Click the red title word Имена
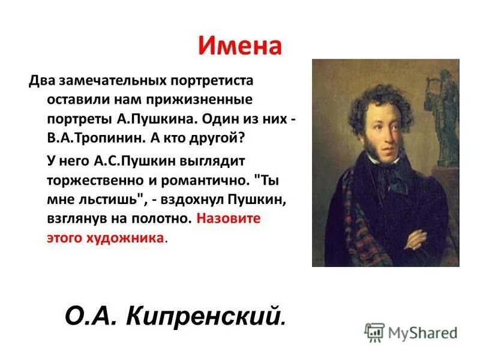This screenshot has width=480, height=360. tap(239, 46)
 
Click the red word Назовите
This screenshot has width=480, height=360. tap(229, 218)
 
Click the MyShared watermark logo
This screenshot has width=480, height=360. tap(410, 332)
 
